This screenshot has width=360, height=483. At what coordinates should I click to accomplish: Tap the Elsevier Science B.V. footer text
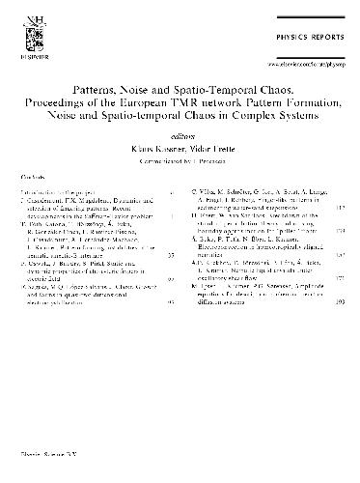click(44, 473)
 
